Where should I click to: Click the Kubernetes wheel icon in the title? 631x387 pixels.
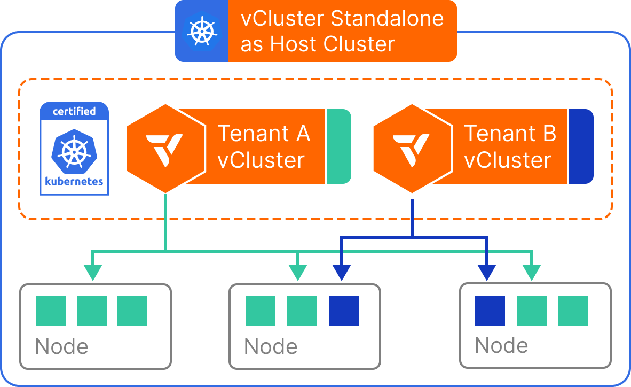[202, 31]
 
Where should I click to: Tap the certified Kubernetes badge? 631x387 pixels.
[74, 148]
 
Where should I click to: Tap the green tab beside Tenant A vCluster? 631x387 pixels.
[338, 146]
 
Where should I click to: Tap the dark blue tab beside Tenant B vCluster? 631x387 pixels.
[581, 146]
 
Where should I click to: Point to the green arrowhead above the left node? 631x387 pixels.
[93, 272]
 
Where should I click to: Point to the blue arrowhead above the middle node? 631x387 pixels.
[342, 272]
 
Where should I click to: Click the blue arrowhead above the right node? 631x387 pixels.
[487, 272]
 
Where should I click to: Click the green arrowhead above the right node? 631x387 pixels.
[532, 272]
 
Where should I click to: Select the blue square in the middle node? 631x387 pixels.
[344, 311]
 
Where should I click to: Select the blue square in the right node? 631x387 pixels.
[490, 311]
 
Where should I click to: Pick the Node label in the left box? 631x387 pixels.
[61, 347]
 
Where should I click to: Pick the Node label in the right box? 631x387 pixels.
[501, 345]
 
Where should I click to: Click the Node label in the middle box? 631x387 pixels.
[271, 347]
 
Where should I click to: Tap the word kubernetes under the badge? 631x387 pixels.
[74, 182]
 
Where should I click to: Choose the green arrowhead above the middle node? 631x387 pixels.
[298, 272]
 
